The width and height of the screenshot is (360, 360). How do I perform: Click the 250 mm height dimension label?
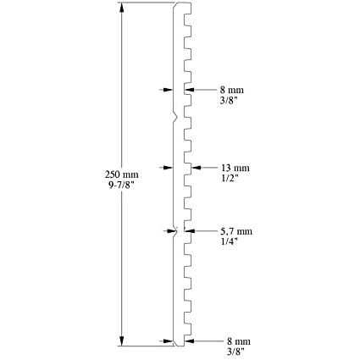pos(122,174)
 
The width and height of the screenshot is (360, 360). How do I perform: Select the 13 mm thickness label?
pos(235,168)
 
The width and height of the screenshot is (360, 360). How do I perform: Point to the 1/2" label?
pos(230,178)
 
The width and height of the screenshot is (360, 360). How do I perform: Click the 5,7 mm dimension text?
pos(236,232)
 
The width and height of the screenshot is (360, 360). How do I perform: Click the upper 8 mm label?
pos(231,90)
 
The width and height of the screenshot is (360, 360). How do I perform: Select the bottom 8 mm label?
pos(239,341)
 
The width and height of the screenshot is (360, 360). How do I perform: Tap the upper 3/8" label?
pos(229,100)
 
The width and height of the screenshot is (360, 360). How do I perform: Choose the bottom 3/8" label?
pos(235,352)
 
